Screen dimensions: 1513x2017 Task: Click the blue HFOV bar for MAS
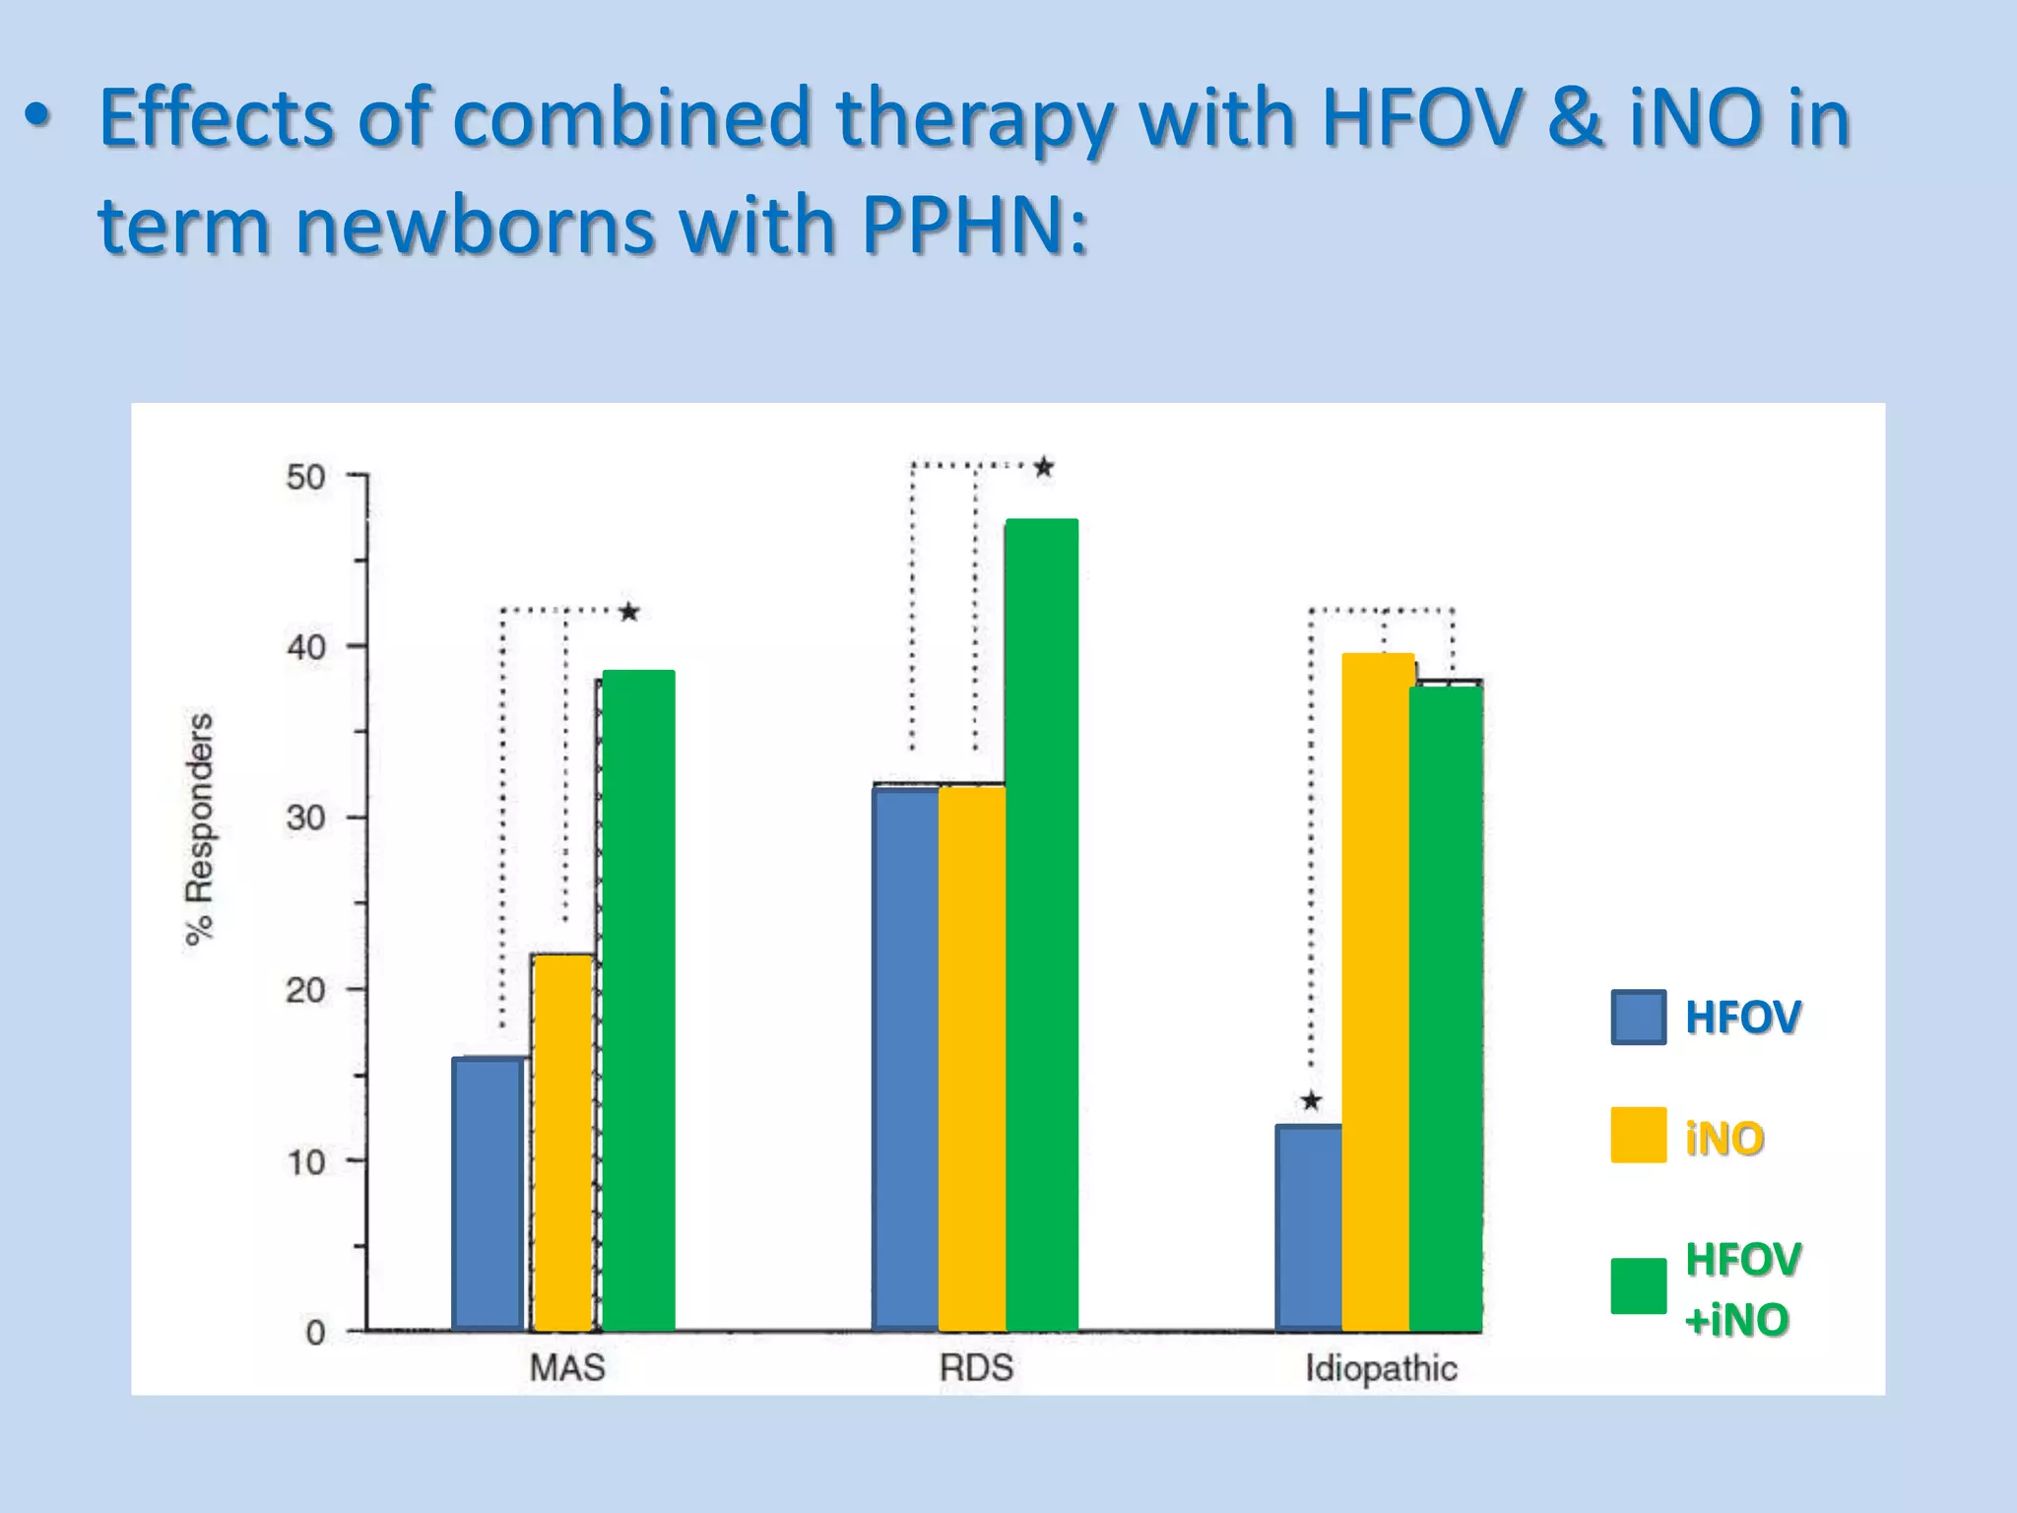click(488, 1194)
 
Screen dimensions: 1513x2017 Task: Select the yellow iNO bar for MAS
click(562, 1143)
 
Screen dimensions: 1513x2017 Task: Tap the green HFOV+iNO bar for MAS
click(638, 1000)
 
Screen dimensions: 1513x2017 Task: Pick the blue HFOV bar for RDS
click(905, 1059)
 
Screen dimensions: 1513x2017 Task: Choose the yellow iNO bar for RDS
click(972, 1059)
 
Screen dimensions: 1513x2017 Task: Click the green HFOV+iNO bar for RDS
click(1042, 926)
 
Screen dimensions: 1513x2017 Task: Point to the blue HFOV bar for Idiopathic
click(1308, 1227)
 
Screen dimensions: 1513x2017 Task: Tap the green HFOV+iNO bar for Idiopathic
click(1446, 1009)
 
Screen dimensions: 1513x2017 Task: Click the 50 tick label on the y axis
click(305, 478)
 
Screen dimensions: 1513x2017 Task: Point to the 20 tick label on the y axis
click(305, 990)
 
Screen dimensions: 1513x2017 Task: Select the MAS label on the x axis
click(567, 1368)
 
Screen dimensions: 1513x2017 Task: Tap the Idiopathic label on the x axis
click(1381, 1368)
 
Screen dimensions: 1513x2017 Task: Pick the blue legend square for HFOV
click(1639, 1017)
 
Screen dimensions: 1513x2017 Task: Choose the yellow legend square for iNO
click(1639, 1135)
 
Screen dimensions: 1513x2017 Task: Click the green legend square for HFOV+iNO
click(1639, 1285)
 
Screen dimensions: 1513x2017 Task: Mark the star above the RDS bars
click(1044, 467)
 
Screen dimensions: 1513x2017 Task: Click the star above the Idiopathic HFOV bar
click(1311, 1100)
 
